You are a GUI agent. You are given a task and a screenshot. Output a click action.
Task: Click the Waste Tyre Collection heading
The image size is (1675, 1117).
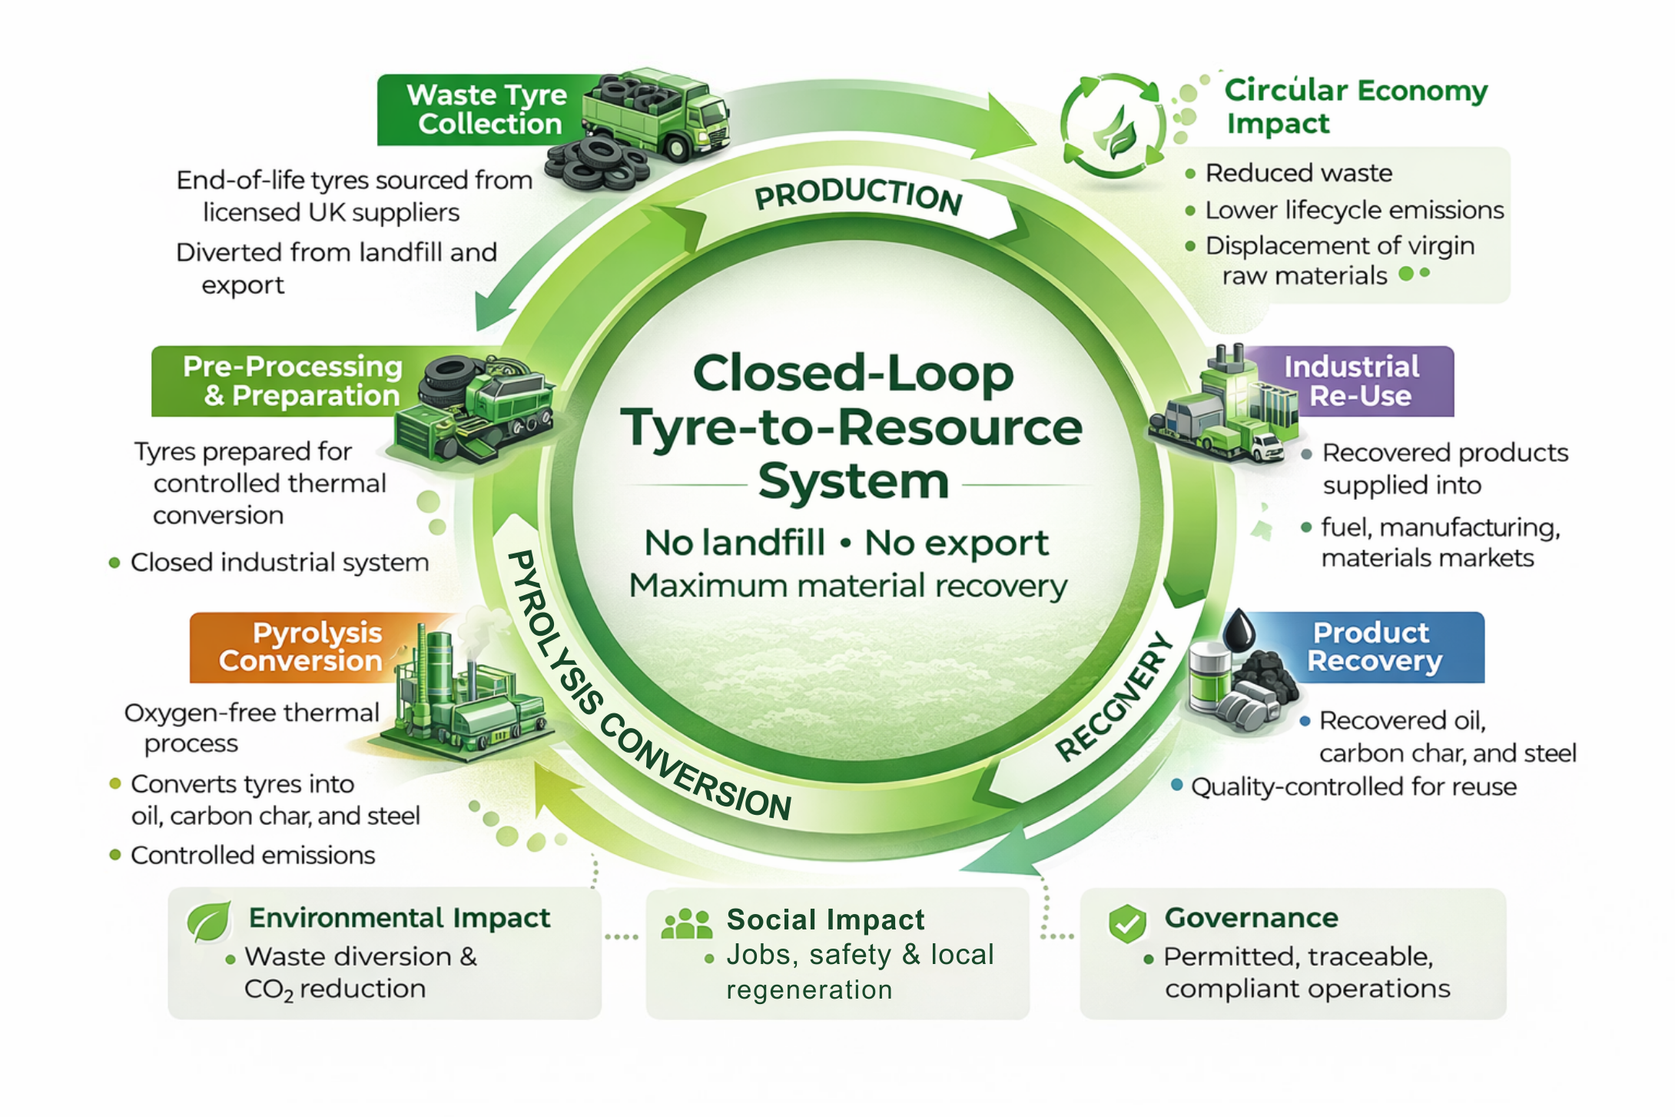(x=488, y=109)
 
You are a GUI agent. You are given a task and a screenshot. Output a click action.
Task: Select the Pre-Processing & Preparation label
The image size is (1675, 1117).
(x=292, y=381)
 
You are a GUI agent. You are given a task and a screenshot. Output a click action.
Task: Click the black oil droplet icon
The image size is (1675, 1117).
(x=1238, y=632)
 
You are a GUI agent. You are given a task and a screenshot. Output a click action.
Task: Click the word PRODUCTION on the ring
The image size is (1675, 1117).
(x=858, y=195)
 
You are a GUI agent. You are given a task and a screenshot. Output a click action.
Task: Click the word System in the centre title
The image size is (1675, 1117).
(x=853, y=482)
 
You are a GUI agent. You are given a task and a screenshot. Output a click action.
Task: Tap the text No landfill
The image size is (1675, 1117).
(x=735, y=543)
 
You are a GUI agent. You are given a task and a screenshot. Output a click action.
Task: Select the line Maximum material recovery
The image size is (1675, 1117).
(x=848, y=586)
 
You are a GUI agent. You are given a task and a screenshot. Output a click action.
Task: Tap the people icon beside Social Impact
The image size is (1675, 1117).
(x=686, y=924)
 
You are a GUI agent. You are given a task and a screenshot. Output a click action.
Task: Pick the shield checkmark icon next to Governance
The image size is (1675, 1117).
(x=1127, y=923)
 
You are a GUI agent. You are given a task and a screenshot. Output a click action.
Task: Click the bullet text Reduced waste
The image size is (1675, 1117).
(x=1299, y=173)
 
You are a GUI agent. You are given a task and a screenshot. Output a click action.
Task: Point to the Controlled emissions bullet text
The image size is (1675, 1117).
(x=253, y=855)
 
